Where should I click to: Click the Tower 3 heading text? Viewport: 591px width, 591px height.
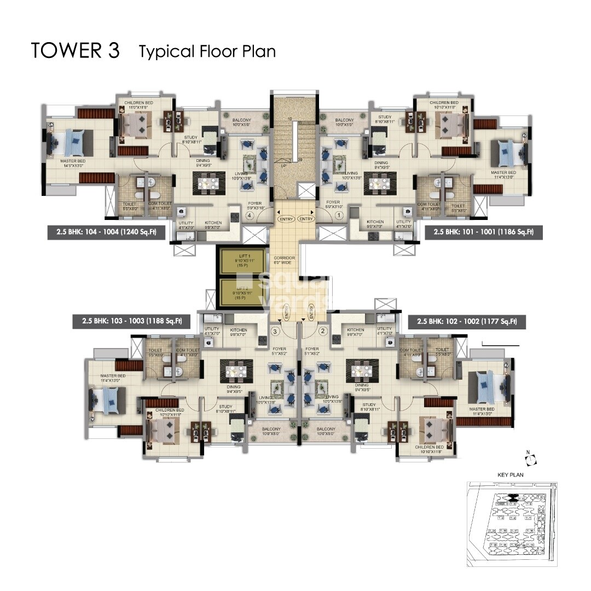click(75, 50)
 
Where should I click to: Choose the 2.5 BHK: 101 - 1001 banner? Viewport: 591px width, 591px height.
click(483, 232)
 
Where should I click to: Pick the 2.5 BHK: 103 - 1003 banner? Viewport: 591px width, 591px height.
click(131, 321)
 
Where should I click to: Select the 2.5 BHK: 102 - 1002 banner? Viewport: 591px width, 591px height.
click(467, 321)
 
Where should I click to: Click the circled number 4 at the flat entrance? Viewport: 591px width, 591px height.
click(250, 216)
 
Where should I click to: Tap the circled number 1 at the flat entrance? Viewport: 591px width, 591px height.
click(339, 216)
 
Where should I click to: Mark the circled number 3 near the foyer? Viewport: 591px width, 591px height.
click(275, 331)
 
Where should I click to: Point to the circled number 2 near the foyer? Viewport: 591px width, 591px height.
click(323, 331)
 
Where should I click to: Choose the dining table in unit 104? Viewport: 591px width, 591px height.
click(208, 183)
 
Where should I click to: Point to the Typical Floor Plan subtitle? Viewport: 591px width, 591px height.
click(207, 51)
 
